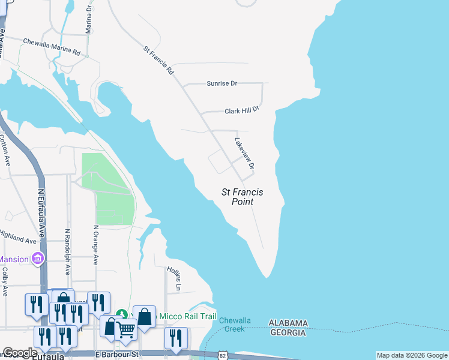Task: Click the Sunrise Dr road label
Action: tap(222, 83)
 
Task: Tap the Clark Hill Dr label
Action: tap(241, 111)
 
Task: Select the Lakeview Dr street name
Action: tap(245, 153)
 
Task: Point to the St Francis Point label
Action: tap(243, 197)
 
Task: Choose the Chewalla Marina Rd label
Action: tap(52, 47)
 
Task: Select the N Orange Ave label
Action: tap(95, 245)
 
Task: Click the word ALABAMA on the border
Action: tap(288, 323)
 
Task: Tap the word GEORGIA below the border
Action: tap(288, 332)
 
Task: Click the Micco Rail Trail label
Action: tap(184, 316)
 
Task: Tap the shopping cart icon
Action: tap(125, 329)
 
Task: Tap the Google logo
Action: tap(19, 353)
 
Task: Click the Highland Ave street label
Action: tap(18, 237)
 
